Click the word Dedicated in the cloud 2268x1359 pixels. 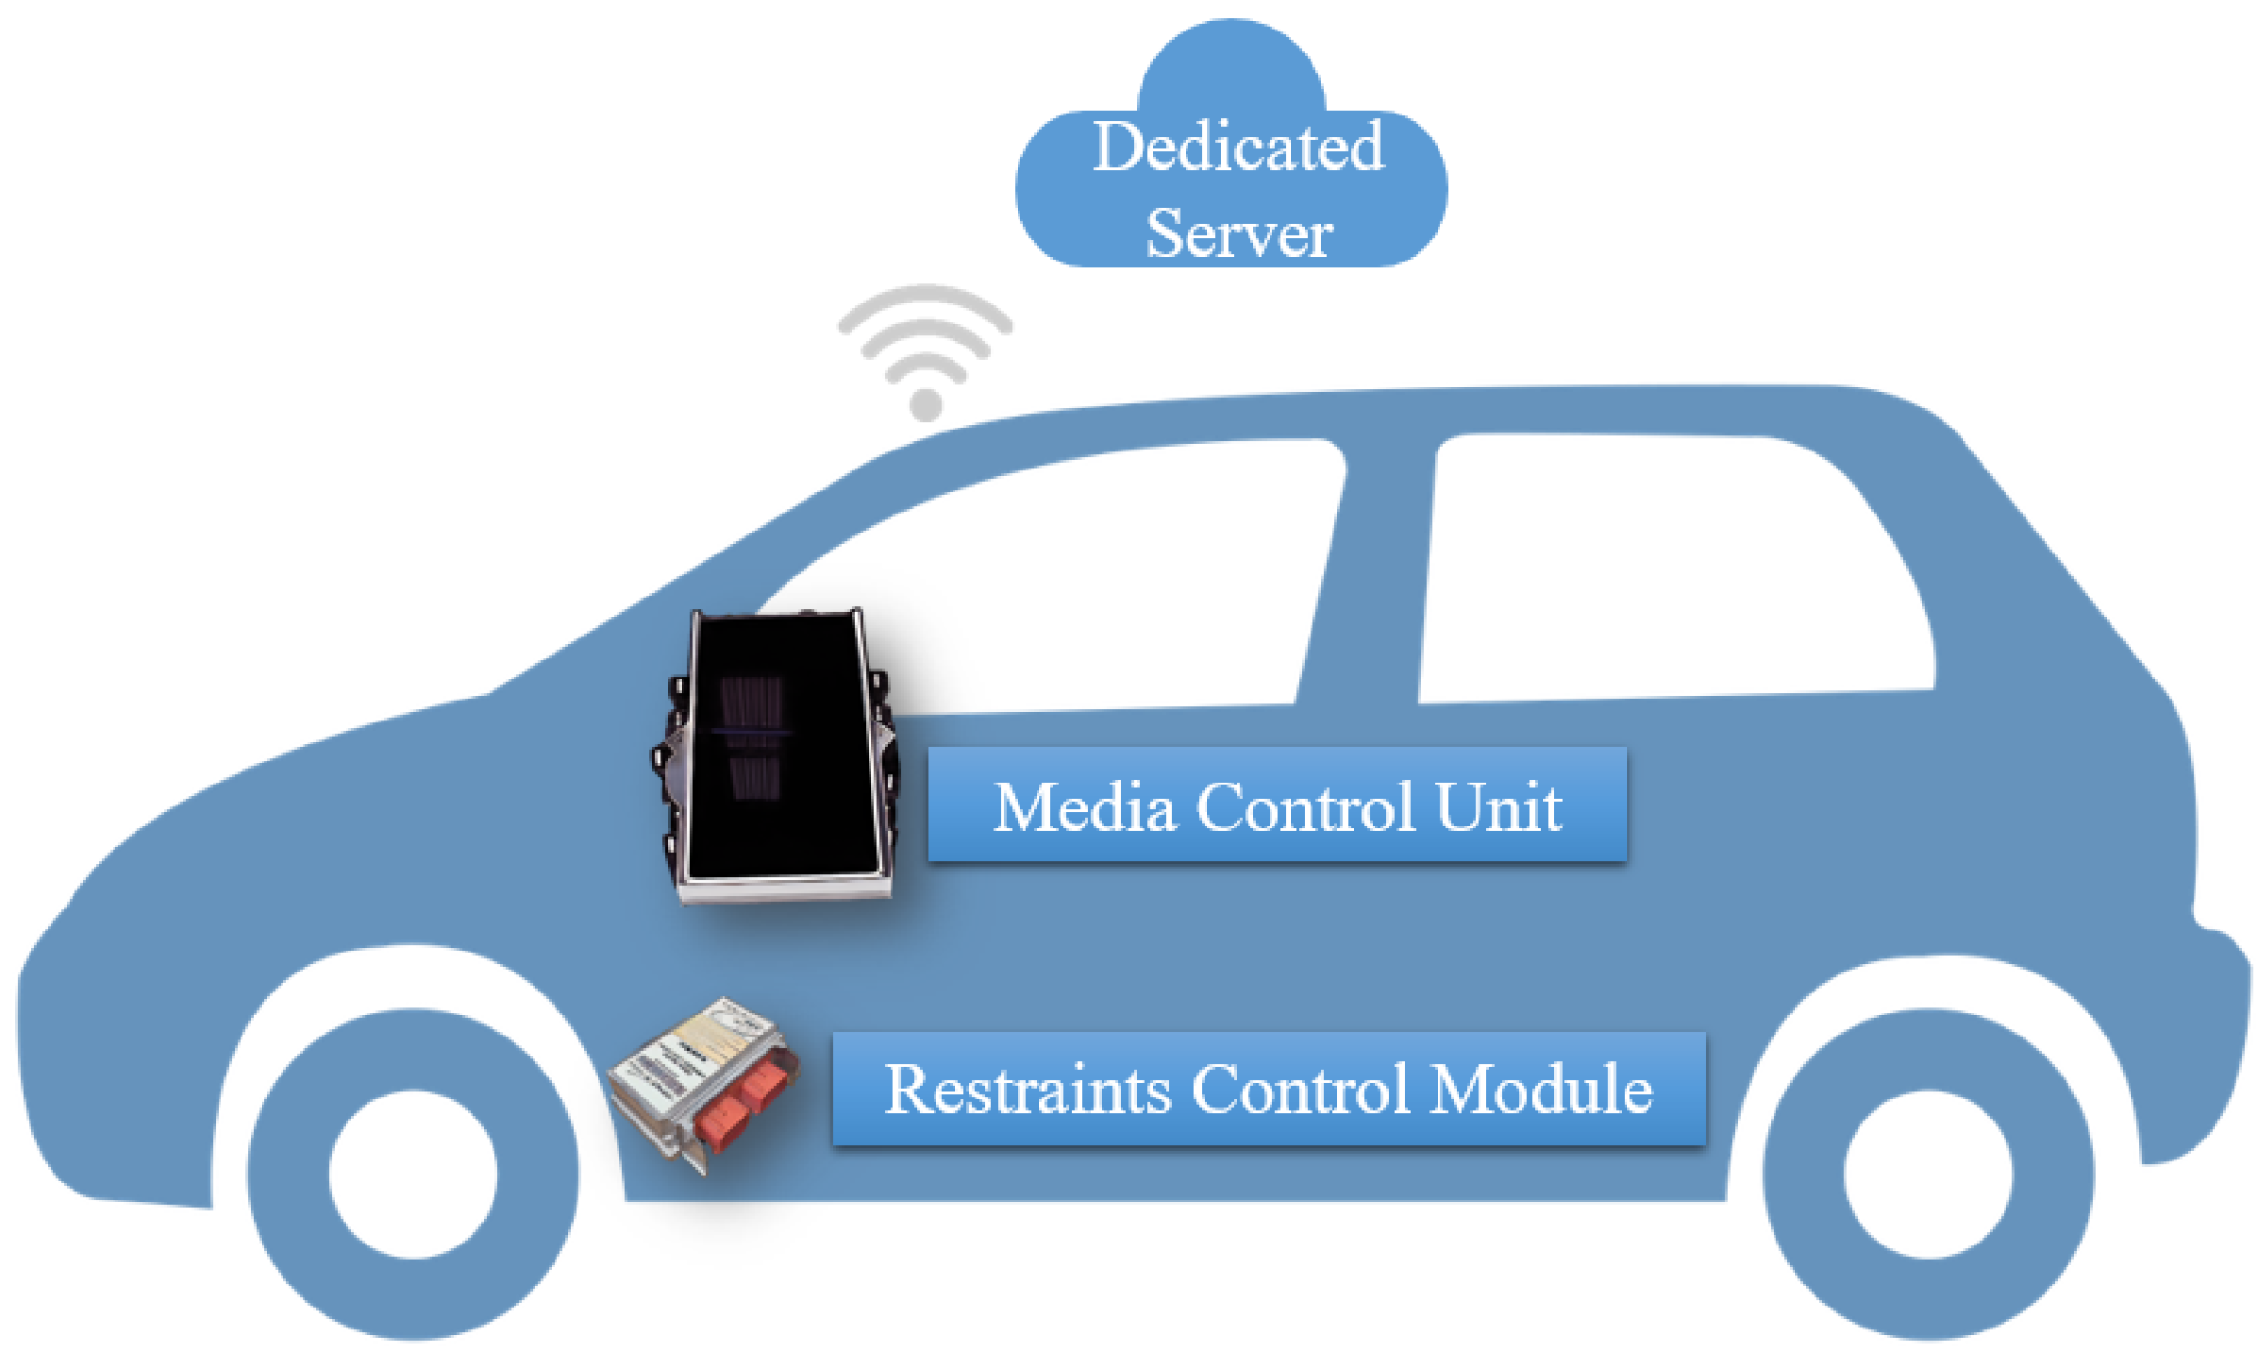[1238, 147]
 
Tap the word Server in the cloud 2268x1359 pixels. [1238, 233]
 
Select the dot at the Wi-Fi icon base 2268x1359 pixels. [925, 405]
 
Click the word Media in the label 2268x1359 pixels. [1084, 807]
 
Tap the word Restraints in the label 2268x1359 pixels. [1027, 1089]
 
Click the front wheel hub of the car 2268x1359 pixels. [413, 1173]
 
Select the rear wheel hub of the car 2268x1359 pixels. [1927, 1173]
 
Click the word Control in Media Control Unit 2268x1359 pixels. [1304, 807]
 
